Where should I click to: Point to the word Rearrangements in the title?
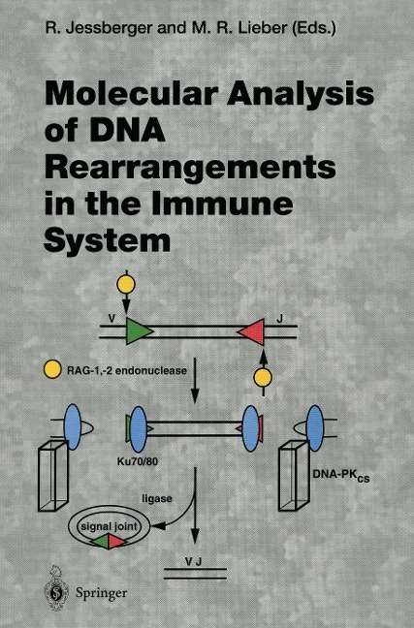[x=190, y=169]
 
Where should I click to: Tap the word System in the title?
[x=108, y=240]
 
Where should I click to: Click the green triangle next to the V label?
[x=139, y=330]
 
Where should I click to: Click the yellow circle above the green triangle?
[x=126, y=285]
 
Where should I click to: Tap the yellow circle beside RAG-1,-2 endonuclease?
[x=52, y=369]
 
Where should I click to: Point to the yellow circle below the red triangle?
[x=263, y=378]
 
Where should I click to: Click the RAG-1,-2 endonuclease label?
[x=127, y=370]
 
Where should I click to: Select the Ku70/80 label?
[x=137, y=461]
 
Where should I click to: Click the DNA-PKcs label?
[x=341, y=475]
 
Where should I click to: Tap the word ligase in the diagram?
[x=157, y=499]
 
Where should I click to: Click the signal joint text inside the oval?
[x=109, y=526]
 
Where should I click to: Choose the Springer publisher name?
[x=102, y=593]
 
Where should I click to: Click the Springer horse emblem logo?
[x=56, y=588]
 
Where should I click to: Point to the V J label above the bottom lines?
[x=194, y=562]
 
